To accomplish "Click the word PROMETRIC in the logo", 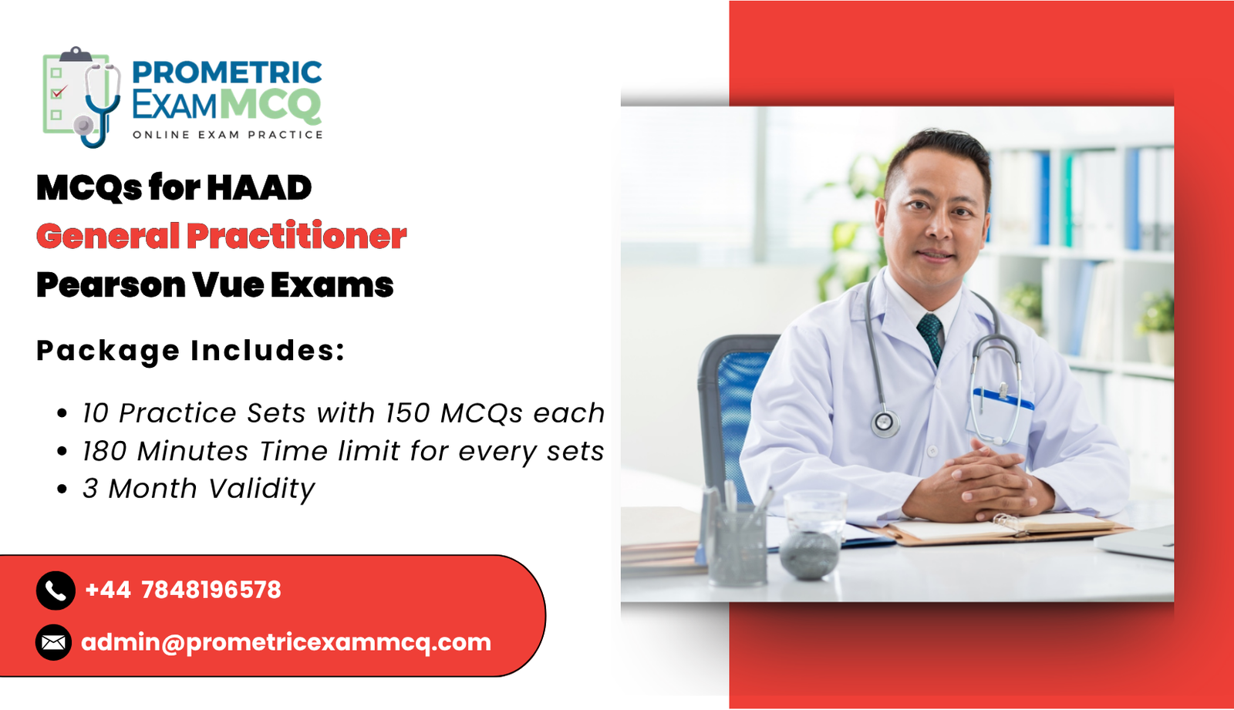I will [227, 72].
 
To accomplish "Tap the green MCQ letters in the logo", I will [270, 105].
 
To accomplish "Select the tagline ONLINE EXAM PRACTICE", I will [228, 135].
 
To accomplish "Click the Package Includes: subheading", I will [190, 351].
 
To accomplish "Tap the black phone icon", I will [56, 591].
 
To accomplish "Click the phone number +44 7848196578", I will [183, 591].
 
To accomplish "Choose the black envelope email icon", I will [54, 642].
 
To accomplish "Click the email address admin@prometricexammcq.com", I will [286, 642].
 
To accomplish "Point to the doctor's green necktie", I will [931, 335].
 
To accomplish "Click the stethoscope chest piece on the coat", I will [885, 422].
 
